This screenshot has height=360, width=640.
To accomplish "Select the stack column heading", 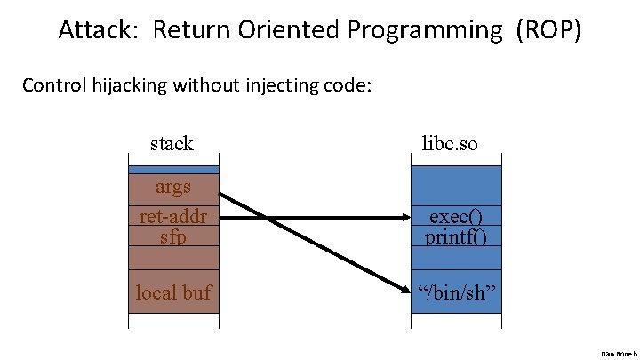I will point(172,142).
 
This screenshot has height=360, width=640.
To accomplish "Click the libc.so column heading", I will point(449,142).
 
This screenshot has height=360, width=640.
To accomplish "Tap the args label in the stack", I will point(173,187).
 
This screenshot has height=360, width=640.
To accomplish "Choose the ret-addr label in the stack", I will point(173,217).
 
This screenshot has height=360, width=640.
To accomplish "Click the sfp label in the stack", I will point(173,236).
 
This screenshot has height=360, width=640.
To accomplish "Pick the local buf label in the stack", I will point(173,292).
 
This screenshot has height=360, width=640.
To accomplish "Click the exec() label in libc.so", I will point(456,217).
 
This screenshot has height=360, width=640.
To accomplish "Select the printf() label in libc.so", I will point(456,236).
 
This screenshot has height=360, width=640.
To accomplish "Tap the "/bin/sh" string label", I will point(456,292).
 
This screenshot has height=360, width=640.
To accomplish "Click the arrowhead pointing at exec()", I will point(401,217).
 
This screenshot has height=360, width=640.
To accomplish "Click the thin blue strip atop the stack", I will point(173,169).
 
